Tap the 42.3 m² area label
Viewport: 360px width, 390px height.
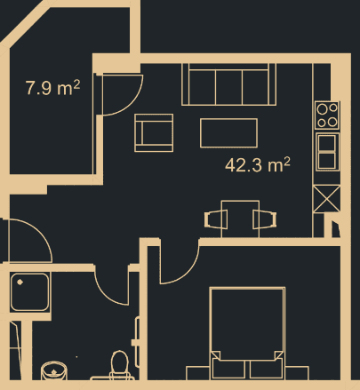tap(259, 164)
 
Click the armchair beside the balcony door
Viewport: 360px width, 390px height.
tap(154, 132)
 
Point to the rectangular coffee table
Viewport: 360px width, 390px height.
tap(228, 132)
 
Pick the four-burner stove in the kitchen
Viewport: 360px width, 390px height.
tap(327, 115)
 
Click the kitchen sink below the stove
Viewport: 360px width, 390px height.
tap(327, 149)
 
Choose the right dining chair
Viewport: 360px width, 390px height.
tap(263, 219)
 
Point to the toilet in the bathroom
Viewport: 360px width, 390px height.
tap(119, 364)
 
